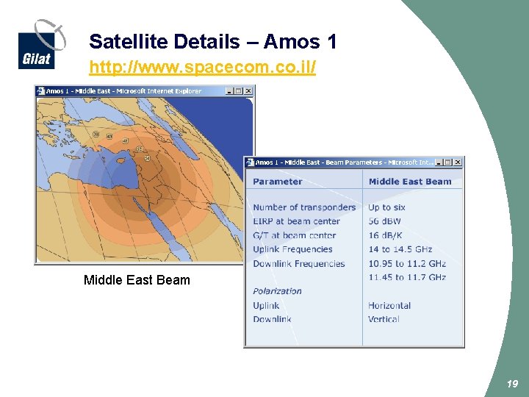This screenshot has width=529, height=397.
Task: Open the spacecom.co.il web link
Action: pyautogui.click(x=202, y=68)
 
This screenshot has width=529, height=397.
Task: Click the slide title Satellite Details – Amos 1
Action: pyautogui.click(x=212, y=42)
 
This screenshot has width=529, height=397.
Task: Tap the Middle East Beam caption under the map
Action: pyautogui.click(x=137, y=280)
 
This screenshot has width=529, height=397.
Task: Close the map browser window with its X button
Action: pyautogui.click(x=248, y=91)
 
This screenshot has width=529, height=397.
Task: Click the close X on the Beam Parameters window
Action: pyautogui.click(x=458, y=162)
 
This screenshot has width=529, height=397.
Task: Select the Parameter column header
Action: pyautogui.click(x=277, y=182)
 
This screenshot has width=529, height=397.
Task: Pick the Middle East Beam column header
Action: pyautogui.click(x=410, y=182)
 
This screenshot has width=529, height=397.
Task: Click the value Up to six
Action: pyautogui.click(x=386, y=207)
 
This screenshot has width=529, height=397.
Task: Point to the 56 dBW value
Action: pyautogui.click(x=384, y=221)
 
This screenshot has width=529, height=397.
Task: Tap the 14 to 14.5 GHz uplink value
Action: pyautogui.click(x=400, y=249)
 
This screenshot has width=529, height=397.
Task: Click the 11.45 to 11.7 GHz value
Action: pyautogui.click(x=407, y=277)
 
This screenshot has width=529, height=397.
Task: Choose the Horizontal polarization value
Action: pyautogui.click(x=389, y=305)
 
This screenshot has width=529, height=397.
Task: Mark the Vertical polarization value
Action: pyautogui.click(x=384, y=319)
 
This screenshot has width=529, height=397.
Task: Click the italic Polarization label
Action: pyautogui.click(x=277, y=291)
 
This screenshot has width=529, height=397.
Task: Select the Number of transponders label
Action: pyautogui.click(x=304, y=207)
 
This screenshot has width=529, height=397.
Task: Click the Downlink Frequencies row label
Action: pyautogui.click(x=298, y=263)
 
